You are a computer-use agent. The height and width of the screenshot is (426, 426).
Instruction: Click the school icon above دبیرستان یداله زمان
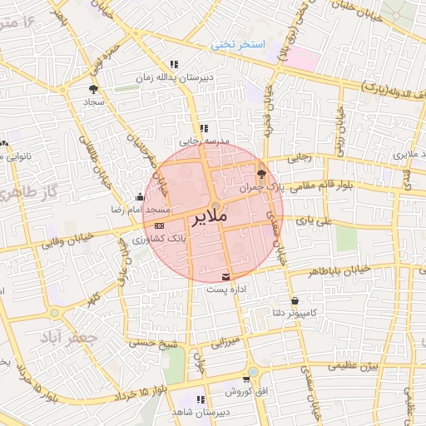point(174,64)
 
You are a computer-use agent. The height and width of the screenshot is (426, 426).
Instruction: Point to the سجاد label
point(92,102)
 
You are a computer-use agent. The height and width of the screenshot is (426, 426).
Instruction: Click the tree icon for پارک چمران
point(262,174)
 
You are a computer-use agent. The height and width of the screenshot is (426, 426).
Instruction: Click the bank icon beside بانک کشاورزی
point(159,225)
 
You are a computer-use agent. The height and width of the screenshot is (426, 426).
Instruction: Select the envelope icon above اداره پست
point(226,275)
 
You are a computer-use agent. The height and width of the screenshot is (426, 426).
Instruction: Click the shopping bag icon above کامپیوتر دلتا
point(295,300)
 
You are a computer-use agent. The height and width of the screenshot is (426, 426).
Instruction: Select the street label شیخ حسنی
point(153,341)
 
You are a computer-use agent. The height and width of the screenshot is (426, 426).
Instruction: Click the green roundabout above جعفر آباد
point(55,313)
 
